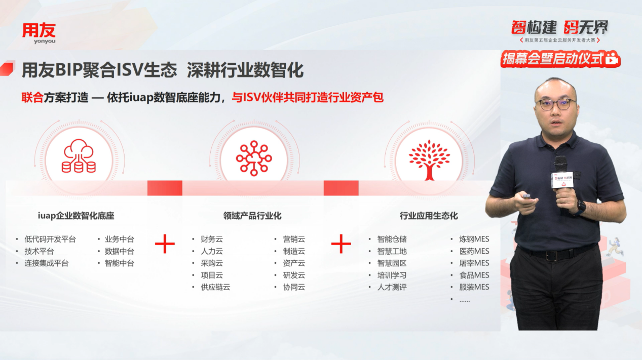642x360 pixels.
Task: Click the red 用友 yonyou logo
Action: click(39, 33)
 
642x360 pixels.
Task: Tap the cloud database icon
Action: click(79, 156)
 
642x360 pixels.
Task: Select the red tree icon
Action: click(429, 160)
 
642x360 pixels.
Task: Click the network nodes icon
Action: click(254, 158)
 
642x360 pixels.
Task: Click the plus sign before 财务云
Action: click(165, 244)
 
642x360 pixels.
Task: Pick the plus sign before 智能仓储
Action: click(341, 244)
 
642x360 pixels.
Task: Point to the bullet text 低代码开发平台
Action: click(50, 239)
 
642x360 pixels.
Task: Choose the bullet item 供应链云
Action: click(215, 287)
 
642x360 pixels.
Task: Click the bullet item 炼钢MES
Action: click(474, 239)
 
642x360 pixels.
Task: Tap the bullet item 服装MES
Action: click(474, 287)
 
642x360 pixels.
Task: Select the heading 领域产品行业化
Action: click(252, 216)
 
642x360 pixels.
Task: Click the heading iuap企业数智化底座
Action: click(76, 216)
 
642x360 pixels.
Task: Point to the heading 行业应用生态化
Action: click(429, 216)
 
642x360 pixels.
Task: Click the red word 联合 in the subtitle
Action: click(32, 98)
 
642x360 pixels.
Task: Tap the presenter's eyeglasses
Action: click(555, 104)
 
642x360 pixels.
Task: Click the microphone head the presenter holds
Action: click(561, 165)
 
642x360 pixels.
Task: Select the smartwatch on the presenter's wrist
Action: click(580, 208)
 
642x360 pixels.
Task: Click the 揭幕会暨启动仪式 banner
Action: click(560, 59)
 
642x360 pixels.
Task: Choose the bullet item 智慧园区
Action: click(392, 263)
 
